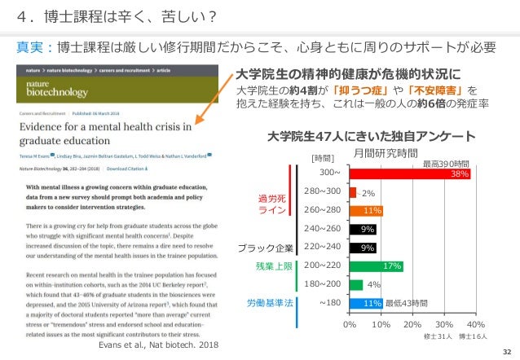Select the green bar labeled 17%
click(x=376, y=266)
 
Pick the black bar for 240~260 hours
click(x=363, y=229)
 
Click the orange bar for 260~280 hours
click(x=366, y=210)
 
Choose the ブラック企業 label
click(x=265, y=247)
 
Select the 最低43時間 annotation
click(x=408, y=303)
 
